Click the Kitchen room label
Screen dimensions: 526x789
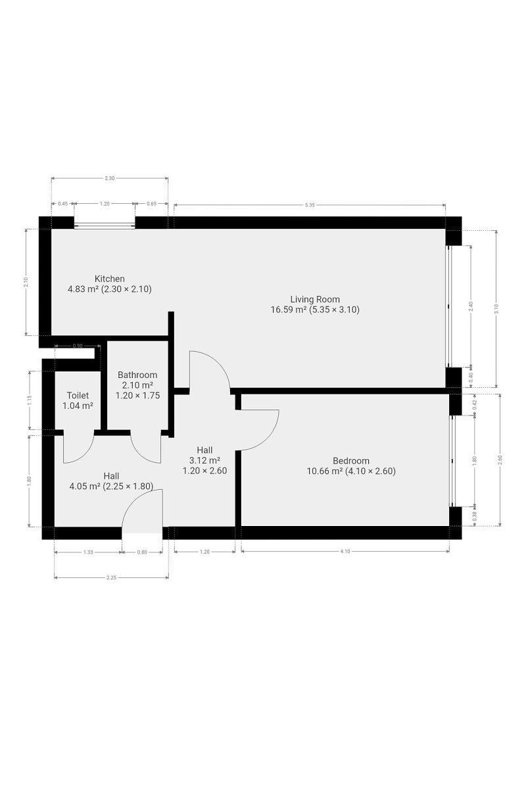click(x=110, y=279)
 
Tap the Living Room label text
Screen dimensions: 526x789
click(x=315, y=299)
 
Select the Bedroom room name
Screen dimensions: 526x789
click(x=351, y=461)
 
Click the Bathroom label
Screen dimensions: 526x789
click(x=137, y=375)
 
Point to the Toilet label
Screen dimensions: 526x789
click(x=78, y=396)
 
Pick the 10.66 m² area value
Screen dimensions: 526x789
click(x=325, y=471)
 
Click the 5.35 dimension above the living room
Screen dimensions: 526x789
click(x=310, y=205)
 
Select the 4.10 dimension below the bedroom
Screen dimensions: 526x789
click(x=345, y=552)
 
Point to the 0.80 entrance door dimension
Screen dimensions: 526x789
click(x=142, y=552)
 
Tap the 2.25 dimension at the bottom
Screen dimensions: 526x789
click(x=111, y=578)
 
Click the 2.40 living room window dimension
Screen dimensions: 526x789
click(x=471, y=306)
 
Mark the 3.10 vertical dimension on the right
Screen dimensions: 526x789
click(x=496, y=309)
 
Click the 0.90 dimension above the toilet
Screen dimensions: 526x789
click(x=78, y=346)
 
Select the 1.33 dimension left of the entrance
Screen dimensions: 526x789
click(x=88, y=552)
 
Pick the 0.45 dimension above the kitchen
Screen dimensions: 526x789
click(x=62, y=204)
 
